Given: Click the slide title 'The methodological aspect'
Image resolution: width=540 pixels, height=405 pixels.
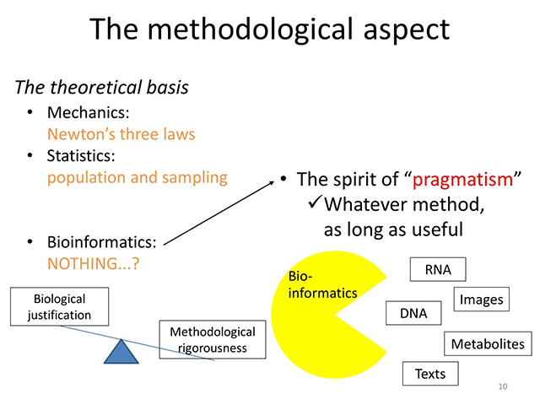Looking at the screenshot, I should [269, 30].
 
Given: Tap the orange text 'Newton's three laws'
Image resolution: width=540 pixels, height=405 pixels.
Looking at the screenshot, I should [121, 133].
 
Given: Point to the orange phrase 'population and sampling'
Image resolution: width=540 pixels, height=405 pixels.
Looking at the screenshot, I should [138, 177].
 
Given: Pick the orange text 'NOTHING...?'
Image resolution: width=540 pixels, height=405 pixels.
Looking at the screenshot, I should [93, 263].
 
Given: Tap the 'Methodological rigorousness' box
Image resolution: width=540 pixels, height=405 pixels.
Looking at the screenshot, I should [213, 339].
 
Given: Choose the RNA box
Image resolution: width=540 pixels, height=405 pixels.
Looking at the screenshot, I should [438, 270].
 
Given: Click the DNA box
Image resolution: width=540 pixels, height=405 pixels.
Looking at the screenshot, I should [413, 313].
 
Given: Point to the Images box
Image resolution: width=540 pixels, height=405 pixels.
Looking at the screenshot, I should [482, 299].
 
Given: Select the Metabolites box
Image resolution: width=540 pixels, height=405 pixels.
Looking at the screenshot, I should [488, 343].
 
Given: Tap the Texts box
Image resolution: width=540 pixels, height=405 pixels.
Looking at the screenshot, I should [430, 373].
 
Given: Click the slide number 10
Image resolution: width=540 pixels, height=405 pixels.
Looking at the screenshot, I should [503, 386].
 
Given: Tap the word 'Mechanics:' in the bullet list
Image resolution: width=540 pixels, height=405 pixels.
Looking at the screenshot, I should [84, 111].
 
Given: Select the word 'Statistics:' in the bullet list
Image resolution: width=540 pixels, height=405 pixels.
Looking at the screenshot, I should [81, 155].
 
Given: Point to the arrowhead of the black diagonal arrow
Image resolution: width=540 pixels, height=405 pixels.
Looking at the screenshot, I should [273, 179].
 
